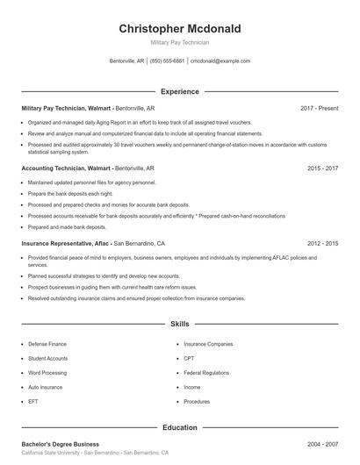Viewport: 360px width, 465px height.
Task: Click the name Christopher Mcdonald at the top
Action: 179,29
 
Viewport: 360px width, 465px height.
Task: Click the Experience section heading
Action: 179,91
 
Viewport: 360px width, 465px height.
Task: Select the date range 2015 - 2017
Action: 322,167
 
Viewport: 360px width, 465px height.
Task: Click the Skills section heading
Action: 179,324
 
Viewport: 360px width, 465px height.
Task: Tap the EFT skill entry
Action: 32,401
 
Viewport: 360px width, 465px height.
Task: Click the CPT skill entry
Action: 189,358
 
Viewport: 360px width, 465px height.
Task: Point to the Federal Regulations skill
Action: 206,372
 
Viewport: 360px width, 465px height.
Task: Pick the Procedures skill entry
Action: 197,401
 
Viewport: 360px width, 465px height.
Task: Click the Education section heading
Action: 179,427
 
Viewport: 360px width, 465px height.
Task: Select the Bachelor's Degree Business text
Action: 60,444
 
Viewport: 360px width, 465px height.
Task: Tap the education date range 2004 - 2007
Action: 322,444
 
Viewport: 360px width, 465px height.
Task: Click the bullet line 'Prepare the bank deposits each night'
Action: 69,193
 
